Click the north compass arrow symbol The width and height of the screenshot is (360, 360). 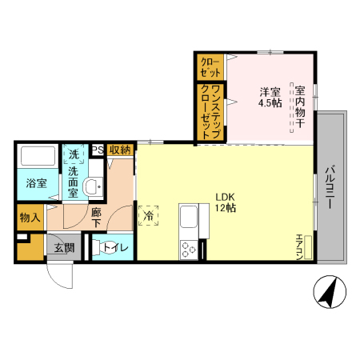pos(330,292)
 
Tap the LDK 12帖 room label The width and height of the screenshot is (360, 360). pos(226,202)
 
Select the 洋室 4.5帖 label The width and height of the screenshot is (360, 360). pos(270,98)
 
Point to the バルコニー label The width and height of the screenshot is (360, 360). pos(330,187)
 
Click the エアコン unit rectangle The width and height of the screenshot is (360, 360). pos(308,247)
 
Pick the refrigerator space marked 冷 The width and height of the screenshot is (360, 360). pos(148,215)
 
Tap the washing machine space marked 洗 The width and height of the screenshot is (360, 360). pos(74,154)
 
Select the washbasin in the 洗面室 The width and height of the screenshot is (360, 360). pos(93,186)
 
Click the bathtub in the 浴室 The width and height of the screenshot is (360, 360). pos(38,156)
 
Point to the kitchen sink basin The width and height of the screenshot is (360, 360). pos(189,217)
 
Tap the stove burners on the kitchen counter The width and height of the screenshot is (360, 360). pos(189,250)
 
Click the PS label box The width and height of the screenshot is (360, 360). pos(98,150)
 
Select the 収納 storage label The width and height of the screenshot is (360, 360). pos(120,150)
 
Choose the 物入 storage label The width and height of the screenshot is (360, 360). pos(30,218)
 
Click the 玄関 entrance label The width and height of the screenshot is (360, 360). pos(64,248)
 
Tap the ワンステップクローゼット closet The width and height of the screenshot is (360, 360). pos(210,112)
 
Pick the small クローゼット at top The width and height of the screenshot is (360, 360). pos(210,67)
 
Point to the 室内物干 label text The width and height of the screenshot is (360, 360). pos(300,106)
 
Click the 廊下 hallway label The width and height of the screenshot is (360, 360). pos(96,218)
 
